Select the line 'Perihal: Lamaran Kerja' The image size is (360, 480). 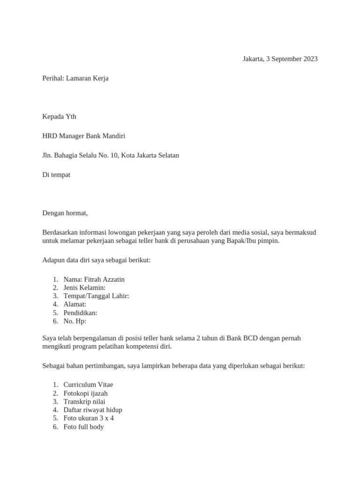coord(75,78)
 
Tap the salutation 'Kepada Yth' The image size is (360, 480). coord(59,117)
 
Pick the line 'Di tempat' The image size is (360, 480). coord(56,174)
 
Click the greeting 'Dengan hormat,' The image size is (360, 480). coord(65,213)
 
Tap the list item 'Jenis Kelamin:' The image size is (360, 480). coord(84,288)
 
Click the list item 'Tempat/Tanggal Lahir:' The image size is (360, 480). coord(96,296)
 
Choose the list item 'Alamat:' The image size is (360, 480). coord(75,305)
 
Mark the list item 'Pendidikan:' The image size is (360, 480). coord(80,313)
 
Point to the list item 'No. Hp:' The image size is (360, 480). coord(75,322)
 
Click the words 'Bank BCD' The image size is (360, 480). coord(240,338)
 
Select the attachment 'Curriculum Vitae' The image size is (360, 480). coord(88,385)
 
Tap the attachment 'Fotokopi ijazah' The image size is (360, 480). coord(85,393)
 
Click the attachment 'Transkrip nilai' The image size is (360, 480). coord(84,402)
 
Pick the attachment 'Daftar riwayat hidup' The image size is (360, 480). coord(93,410)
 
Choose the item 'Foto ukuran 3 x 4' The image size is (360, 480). coord(89,419)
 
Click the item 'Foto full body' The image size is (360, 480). coord(83,427)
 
